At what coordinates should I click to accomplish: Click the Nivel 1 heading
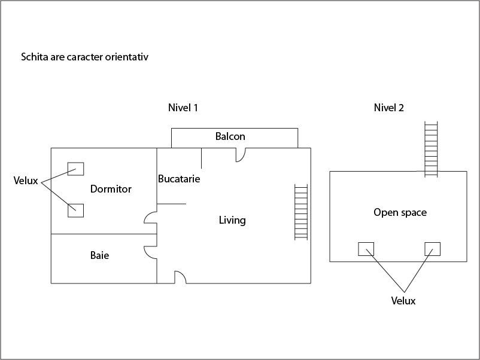tap(183, 108)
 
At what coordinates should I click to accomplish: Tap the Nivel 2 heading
tap(388, 108)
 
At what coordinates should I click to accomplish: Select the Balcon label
tap(230, 137)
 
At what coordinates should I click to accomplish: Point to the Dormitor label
tap(111, 190)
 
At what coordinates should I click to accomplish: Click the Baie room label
tap(99, 256)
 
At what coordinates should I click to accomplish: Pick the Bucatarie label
tap(179, 179)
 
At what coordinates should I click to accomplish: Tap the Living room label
tap(232, 221)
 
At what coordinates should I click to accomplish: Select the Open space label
tap(400, 213)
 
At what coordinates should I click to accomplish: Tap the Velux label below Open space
tap(403, 301)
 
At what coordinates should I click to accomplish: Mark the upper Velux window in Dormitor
tap(75, 169)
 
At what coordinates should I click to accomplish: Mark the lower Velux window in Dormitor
tap(75, 210)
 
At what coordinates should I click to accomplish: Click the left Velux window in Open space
tap(366, 249)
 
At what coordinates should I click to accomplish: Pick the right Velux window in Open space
tap(432, 249)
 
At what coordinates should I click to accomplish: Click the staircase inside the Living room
tap(301, 212)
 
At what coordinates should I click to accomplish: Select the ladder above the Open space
tap(431, 149)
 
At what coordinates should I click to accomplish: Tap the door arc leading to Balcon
tap(241, 154)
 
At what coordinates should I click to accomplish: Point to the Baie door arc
tap(151, 251)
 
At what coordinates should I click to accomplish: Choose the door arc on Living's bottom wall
tap(180, 277)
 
